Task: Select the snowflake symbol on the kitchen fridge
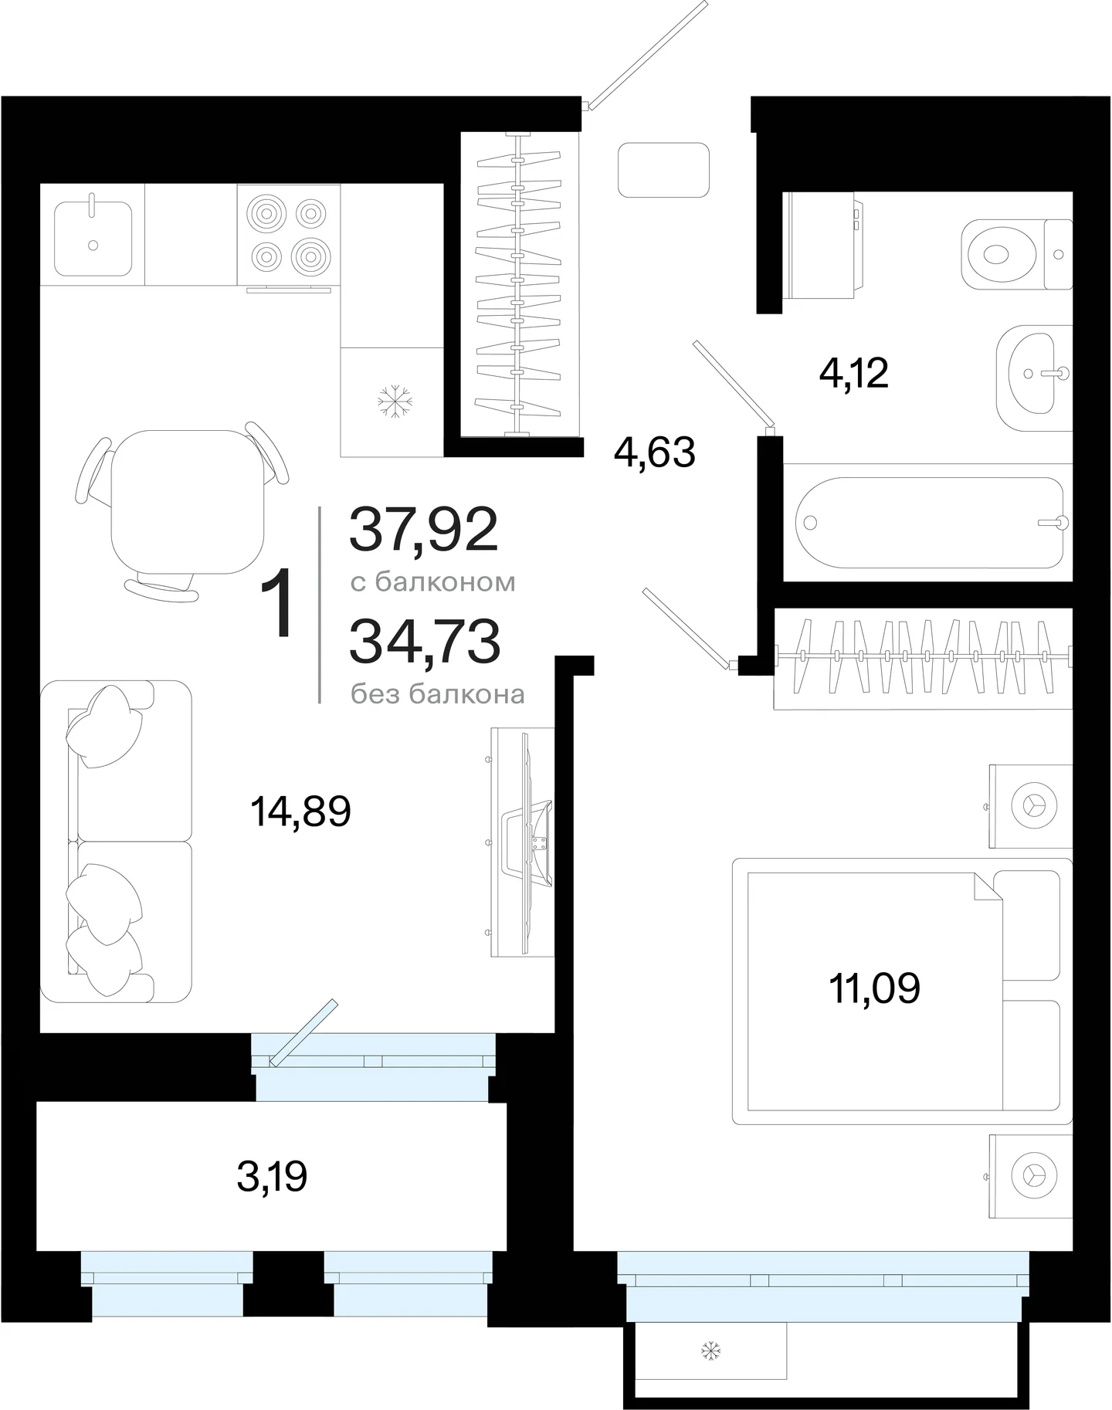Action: tap(395, 402)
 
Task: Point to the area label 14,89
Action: tap(300, 812)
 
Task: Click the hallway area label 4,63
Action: tap(655, 452)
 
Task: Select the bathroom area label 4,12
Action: tap(853, 373)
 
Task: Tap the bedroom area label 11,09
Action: tap(874, 988)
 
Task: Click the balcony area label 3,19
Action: tap(272, 1177)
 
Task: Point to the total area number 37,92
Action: tap(424, 530)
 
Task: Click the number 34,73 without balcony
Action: tap(425, 642)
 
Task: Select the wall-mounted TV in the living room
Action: tap(522, 842)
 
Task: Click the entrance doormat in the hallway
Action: tap(663, 170)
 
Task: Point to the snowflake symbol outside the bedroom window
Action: tap(710, 1351)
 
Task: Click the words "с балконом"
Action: tap(432, 581)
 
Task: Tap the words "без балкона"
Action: tap(437, 693)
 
